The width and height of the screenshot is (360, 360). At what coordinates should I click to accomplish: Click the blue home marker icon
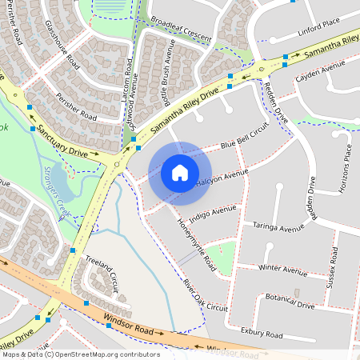[180, 172]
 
